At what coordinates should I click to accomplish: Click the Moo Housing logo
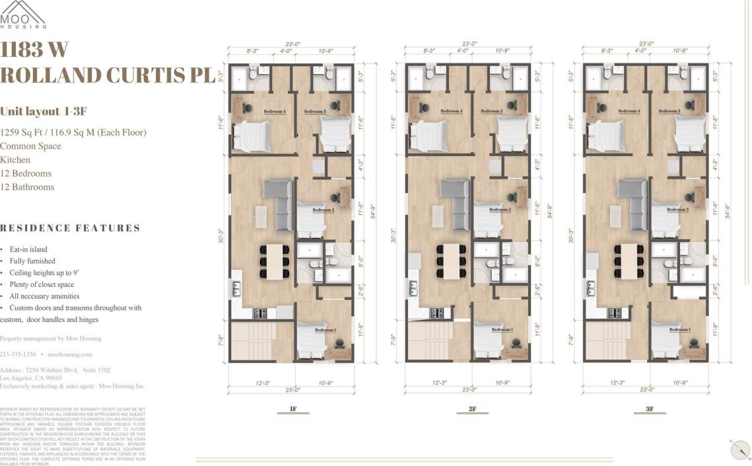23,15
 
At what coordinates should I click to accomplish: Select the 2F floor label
472,409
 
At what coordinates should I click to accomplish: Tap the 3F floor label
650,409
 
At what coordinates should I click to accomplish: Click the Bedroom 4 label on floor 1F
275,112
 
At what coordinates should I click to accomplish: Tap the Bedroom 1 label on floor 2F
502,330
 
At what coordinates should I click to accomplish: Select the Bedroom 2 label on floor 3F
678,210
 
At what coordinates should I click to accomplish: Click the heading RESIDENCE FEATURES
70,228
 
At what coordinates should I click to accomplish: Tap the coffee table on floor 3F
615,215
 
